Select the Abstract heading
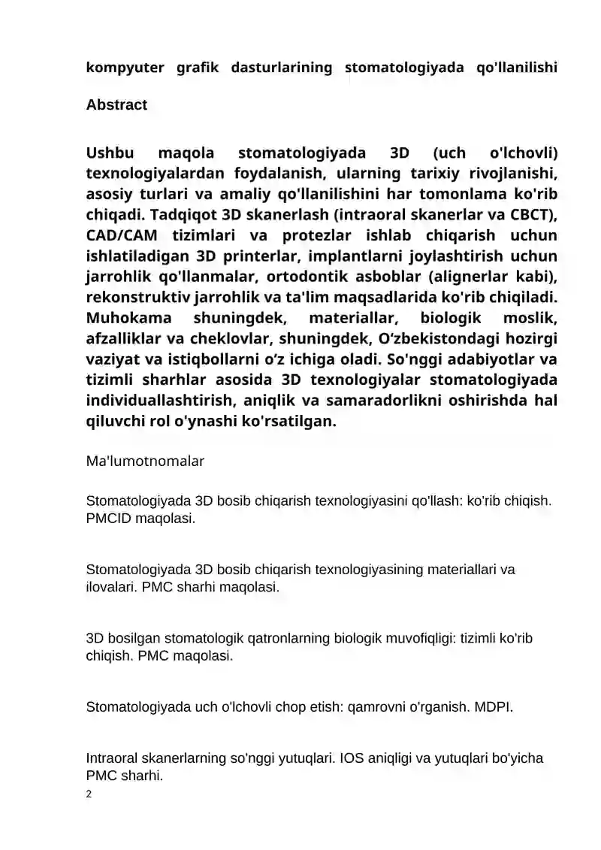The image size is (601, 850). tap(116, 105)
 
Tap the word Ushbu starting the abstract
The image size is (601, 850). tap(110, 154)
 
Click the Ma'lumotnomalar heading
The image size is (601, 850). tap(145, 461)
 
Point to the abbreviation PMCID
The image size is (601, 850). tap(110, 519)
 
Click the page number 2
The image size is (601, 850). tap(89, 794)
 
